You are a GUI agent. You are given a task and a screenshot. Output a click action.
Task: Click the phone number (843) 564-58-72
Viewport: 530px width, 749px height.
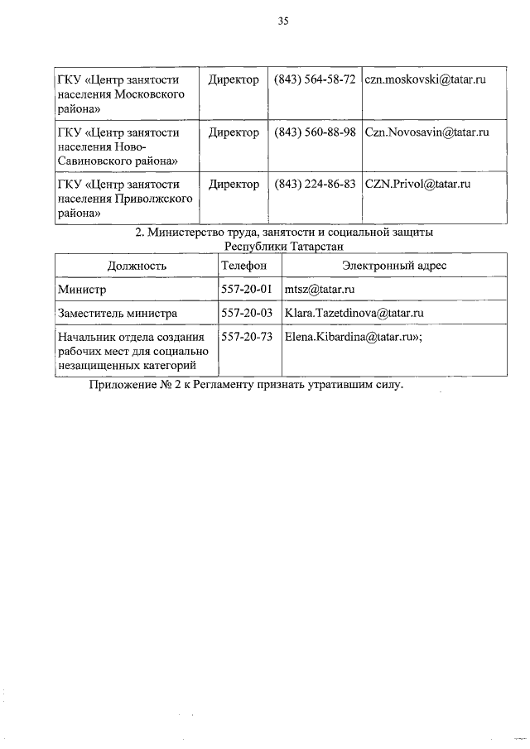click(x=315, y=79)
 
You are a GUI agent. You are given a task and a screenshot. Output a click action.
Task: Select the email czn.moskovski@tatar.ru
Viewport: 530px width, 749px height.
click(x=424, y=79)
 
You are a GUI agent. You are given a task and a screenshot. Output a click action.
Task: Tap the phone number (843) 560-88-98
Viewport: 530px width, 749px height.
click(x=315, y=132)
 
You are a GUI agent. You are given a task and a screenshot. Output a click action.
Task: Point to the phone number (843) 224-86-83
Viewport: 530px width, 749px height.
click(x=315, y=184)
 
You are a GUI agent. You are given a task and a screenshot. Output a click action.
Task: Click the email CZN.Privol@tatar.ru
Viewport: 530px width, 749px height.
click(x=417, y=184)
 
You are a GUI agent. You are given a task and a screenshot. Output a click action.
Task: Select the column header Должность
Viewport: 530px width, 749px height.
click(x=137, y=266)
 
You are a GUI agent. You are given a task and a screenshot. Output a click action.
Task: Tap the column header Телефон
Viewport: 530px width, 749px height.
click(x=244, y=266)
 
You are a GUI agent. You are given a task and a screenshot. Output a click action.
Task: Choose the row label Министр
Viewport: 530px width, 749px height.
click(x=83, y=290)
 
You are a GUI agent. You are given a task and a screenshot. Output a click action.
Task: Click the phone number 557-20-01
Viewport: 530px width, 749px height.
click(x=247, y=289)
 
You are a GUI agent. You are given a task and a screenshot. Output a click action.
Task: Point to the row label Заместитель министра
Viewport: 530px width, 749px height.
click(x=117, y=314)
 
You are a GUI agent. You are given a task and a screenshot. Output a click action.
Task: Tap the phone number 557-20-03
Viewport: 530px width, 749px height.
click(x=247, y=313)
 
